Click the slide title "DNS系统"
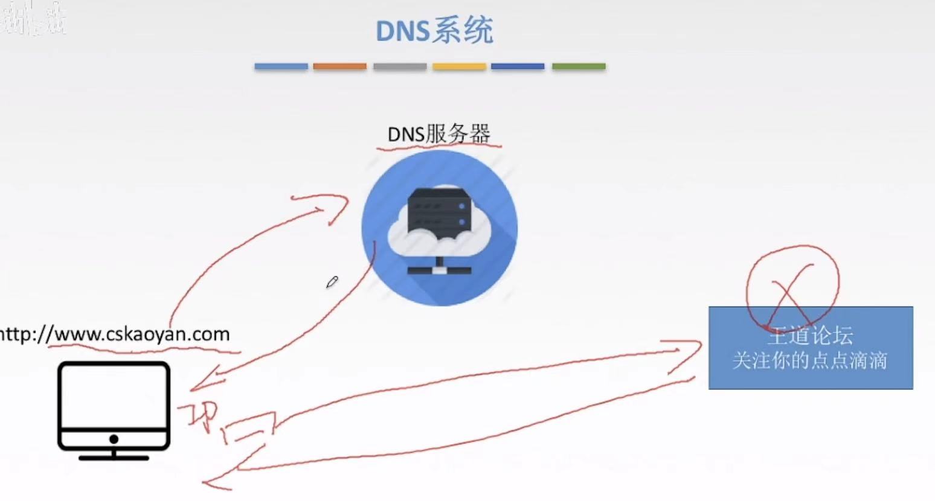click(434, 31)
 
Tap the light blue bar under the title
click(281, 66)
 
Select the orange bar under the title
click(339, 66)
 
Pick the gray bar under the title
click(400, 66)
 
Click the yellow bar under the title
click(459, 66)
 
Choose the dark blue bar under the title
click(518, 66)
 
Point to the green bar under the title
click(579, 66)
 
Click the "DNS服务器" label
click(439, 133)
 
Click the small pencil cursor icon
click(332, 282)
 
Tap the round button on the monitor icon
click(114, 439)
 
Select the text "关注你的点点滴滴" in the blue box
click(809, 361)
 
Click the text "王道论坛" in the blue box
click(810, 336)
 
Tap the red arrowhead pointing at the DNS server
click(335, 208)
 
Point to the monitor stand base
click(114, 458)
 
